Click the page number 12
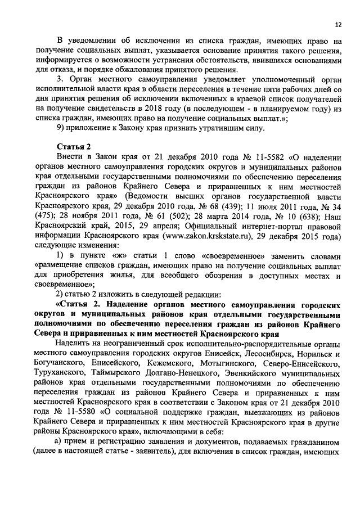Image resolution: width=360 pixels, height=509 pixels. pos(337,25)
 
